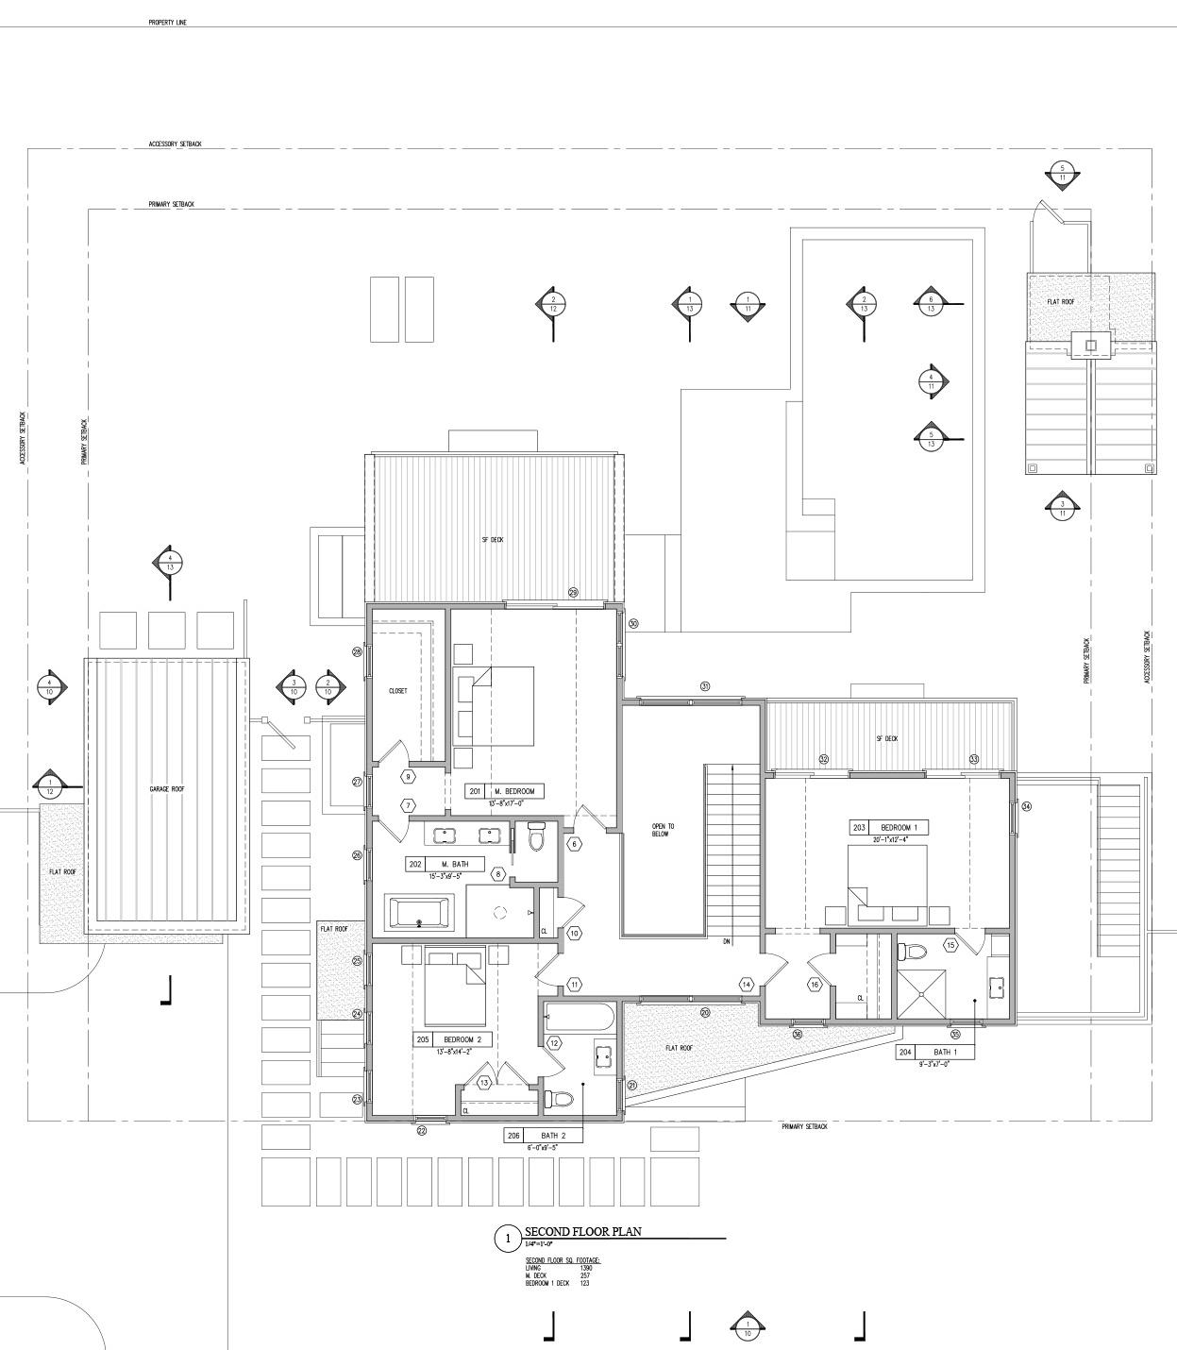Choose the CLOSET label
click(398, 691)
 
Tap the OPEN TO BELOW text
click(663, 830)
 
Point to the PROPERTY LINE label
click(167, 22)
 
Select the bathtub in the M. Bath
click(420, 913)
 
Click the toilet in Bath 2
click(559, 1099)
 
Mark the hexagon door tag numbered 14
click(747, 985)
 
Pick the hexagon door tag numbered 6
click(574, 843)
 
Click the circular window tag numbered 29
click(573, 593)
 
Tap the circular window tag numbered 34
click(1026, 806)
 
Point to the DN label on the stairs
click(727, 942)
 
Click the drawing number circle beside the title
click(507, 1238)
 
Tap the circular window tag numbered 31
click(704, 686)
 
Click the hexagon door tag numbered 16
click(815, 985)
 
